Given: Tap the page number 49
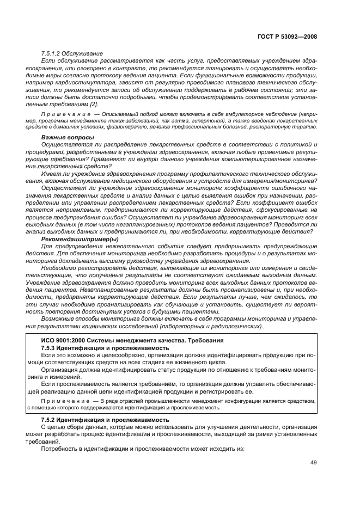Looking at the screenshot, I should click(314, 463).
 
